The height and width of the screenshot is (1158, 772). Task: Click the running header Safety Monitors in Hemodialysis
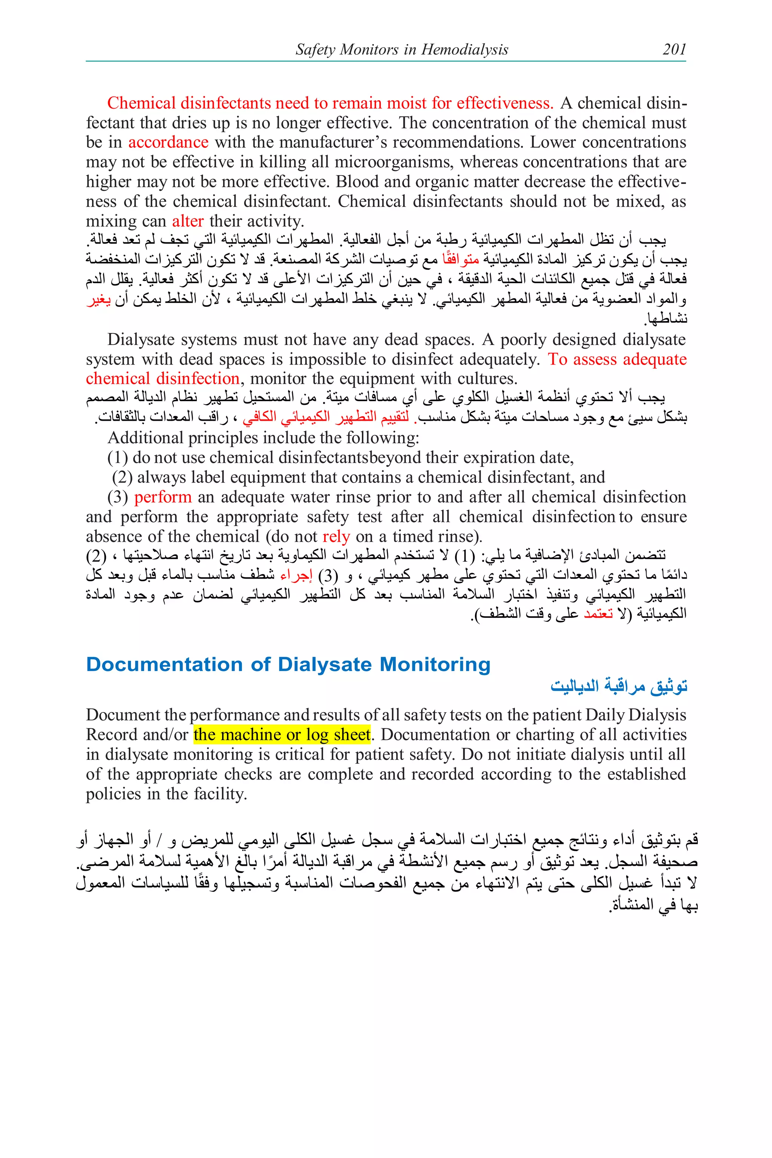tap(402, 49)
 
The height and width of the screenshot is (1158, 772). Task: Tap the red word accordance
tap(168, 142)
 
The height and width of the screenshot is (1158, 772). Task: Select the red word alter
tap(188, 221)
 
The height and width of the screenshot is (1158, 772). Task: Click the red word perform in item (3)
tap(162, 497)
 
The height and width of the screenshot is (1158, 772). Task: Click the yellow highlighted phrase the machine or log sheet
tap(282, 735)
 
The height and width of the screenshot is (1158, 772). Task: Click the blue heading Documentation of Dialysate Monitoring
tap(288, 664)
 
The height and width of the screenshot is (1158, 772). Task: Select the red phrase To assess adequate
tap(617, 359)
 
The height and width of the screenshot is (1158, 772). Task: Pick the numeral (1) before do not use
tap(118, 458)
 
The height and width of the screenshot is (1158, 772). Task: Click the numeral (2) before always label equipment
tap(122, 478)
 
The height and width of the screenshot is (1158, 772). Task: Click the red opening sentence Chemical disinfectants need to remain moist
tap(330, 103)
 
